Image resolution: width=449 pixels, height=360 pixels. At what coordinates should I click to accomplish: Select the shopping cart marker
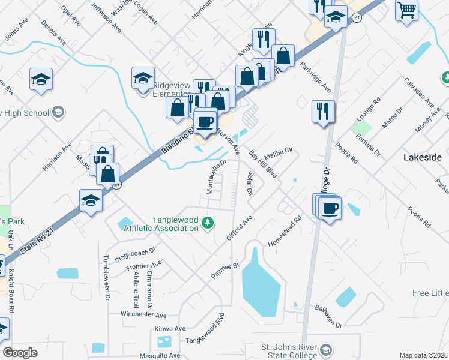pos(407,10)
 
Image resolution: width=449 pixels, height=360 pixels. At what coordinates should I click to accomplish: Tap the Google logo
pos(20,353)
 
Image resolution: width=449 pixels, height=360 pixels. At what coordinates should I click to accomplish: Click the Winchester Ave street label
pos(143,314)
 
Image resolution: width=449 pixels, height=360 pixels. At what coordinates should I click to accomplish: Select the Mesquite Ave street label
pos(156,356)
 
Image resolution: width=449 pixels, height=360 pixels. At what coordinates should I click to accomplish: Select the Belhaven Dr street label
pos(328,316)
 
